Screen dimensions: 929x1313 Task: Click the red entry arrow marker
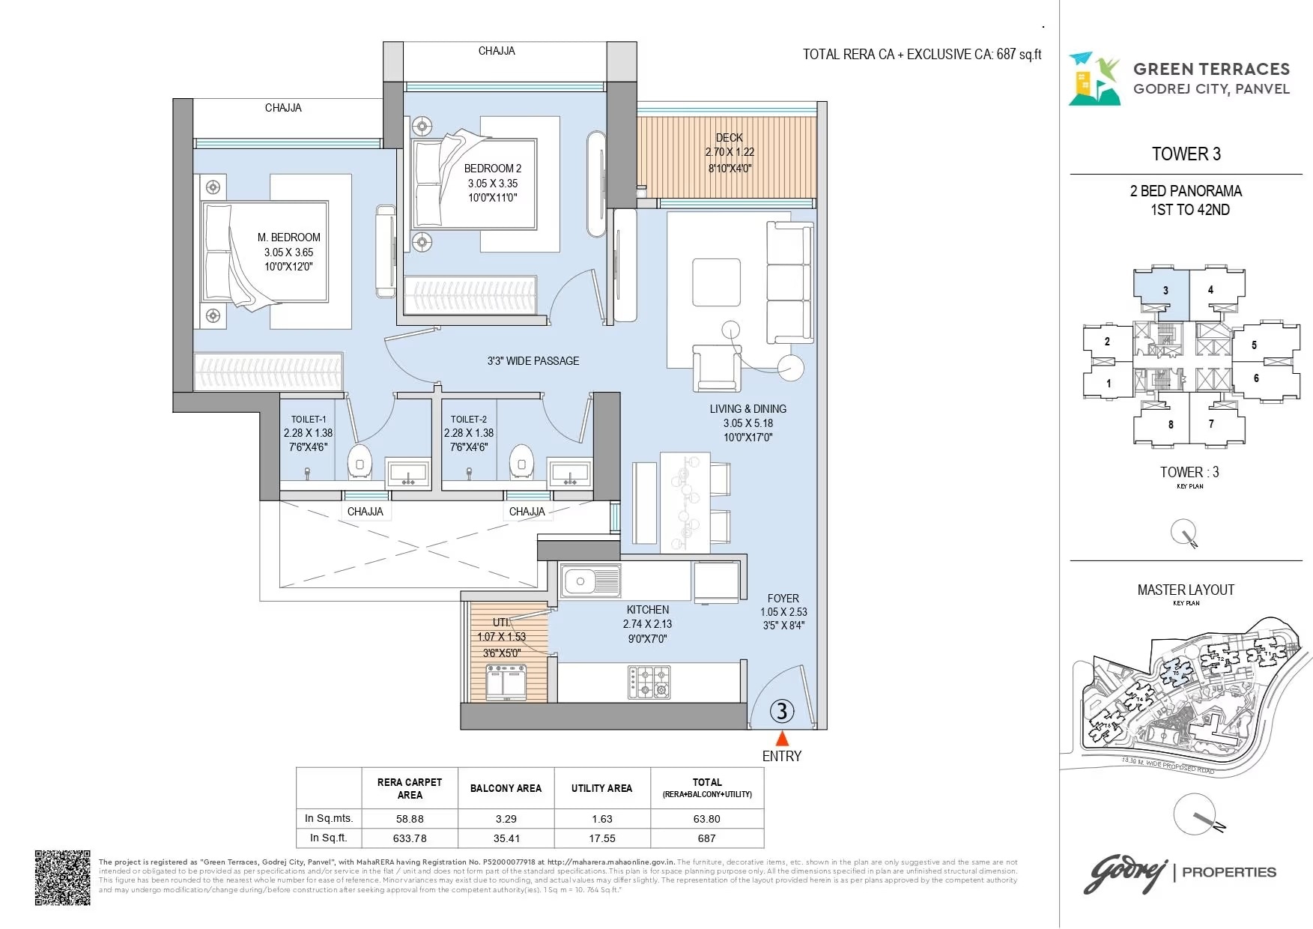pos(782,737)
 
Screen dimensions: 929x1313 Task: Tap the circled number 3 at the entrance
pos(782,710)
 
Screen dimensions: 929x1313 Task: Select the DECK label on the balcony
pos(729,138)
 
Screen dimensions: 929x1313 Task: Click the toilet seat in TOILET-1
pos(360,462)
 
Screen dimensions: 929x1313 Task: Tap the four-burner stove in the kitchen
pos(649,682)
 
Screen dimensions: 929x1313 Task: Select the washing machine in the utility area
pos(506,683)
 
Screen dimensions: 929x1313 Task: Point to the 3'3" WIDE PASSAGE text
pos(533,361)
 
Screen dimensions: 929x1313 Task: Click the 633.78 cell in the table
pos(410,838)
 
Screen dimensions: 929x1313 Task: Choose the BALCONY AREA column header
pos(506,788)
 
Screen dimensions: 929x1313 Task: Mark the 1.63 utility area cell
pos(601,819)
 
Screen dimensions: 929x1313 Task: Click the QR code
pos(63,877)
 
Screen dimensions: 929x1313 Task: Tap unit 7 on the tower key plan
pos(1211,424)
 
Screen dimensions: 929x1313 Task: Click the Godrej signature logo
pos(1126,874)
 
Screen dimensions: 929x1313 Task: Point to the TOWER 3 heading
pos(1186,154)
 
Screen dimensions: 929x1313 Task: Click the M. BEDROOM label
pos(288,237)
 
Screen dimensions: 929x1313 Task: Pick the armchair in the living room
pos(716,368)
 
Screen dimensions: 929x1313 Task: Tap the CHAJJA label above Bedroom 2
pos(497,51)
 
